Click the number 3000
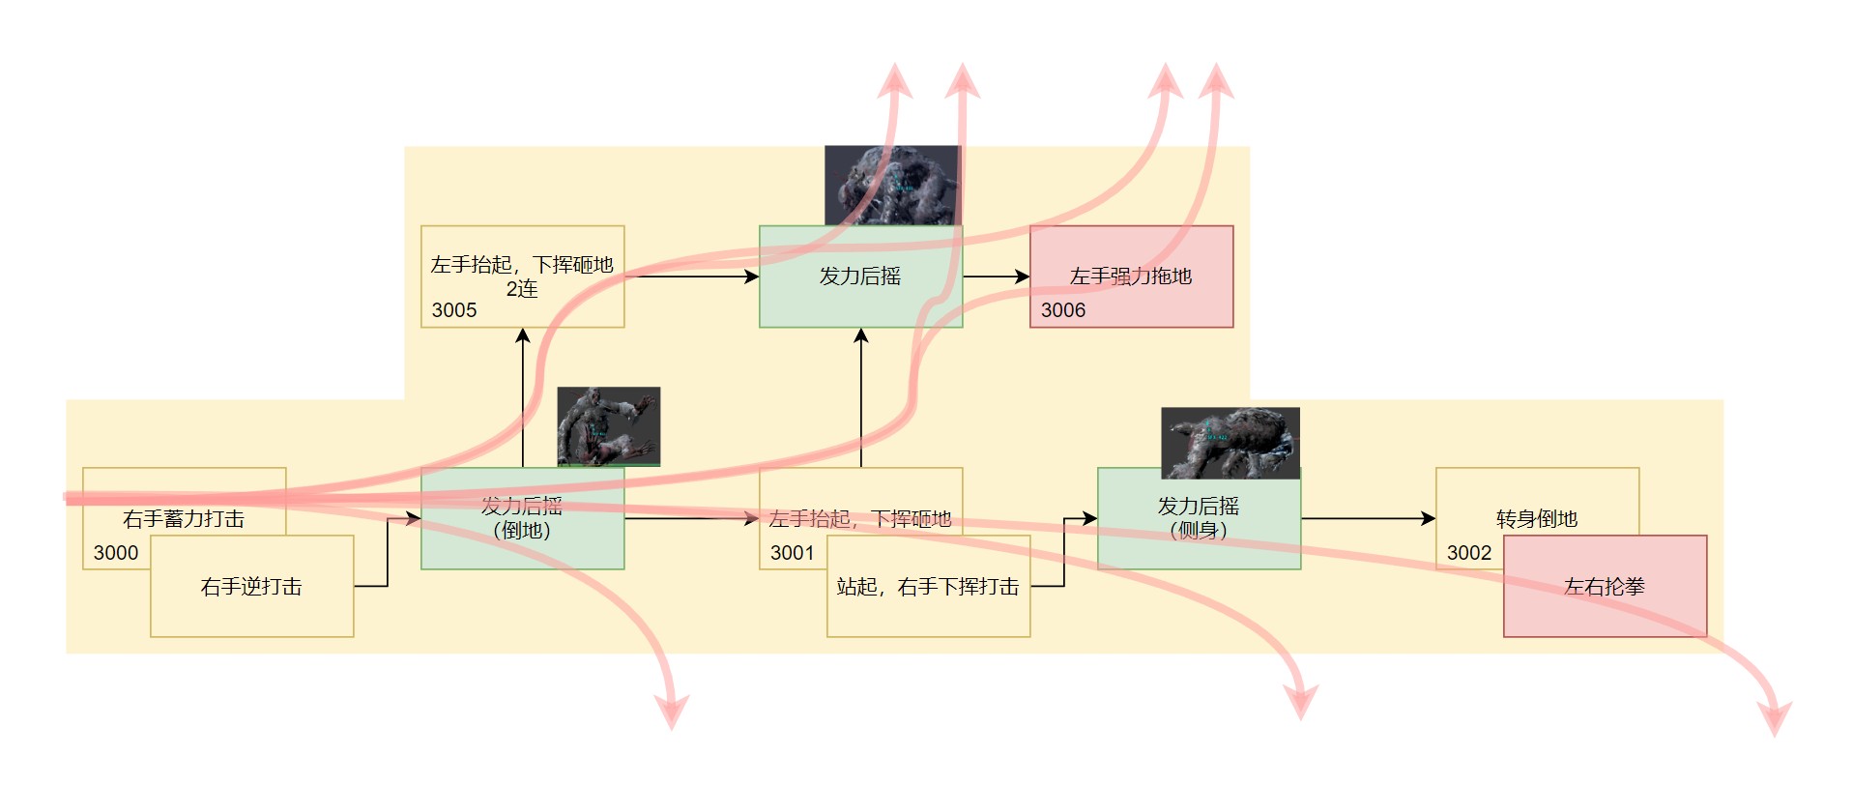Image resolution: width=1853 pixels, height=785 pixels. point(116,553)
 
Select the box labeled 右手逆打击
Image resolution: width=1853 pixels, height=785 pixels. point(251,587)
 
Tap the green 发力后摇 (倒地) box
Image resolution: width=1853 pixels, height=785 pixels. point(522,519)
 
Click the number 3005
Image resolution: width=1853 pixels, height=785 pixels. point(454,310)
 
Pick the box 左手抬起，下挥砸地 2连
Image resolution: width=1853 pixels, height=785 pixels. point(522,276)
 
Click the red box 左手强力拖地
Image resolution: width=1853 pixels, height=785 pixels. point(1131,276)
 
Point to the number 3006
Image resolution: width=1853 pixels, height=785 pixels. point(1063,310)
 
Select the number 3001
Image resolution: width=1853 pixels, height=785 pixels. point(793,553)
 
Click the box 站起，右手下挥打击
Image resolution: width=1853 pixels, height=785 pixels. point(928,587)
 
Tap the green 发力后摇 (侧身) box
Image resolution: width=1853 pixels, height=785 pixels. point(1199,519)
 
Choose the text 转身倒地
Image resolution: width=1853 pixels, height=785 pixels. point(1537,519)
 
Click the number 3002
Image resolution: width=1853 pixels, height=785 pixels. point(1469,553)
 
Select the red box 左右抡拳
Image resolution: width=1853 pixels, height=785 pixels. point(1605,587)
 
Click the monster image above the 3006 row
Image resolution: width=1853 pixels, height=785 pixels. point(892,186)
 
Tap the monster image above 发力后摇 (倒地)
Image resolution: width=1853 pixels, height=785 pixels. point(609,426)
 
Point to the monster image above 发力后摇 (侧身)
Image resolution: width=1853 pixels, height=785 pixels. point(1231,443)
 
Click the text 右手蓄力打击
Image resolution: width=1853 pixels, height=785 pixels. point(184,519)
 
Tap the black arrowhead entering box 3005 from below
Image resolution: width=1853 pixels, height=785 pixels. point(523,335)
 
